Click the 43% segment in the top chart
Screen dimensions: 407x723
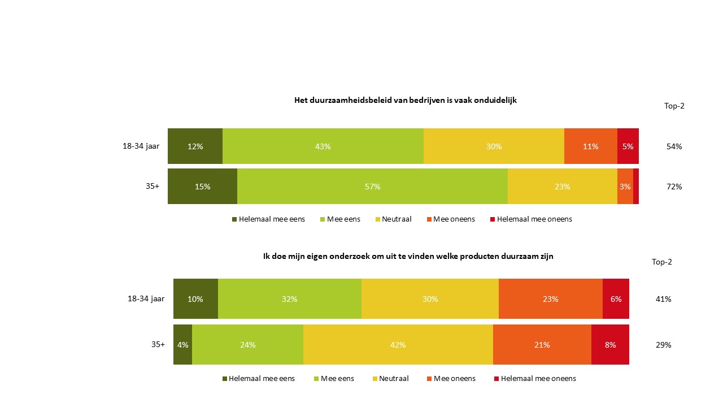coord(323,146)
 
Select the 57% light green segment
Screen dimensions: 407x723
coord(372,187)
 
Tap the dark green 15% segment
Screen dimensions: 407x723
coord(202,187)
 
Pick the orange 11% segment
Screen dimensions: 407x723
coord(590,146)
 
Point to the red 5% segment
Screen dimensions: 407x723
coord(628,146)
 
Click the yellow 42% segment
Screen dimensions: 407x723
coord(398,345)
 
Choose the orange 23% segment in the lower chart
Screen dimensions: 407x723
coord(550,299)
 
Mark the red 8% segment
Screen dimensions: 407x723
coord(610,345)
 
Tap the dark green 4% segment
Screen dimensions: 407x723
coord(182,345)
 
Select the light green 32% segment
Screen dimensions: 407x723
coord(289,299)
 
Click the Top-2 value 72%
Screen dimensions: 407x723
coord(674,187)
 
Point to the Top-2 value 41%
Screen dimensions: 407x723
coord(663,299)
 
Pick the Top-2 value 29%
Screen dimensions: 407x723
coord(663,345)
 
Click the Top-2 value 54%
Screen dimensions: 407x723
coord(674,146)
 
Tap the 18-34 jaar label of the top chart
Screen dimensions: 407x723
coord(141,146)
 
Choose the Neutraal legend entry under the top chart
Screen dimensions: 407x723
coord(396,219)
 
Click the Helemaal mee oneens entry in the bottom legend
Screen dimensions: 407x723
coord(538,379)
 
